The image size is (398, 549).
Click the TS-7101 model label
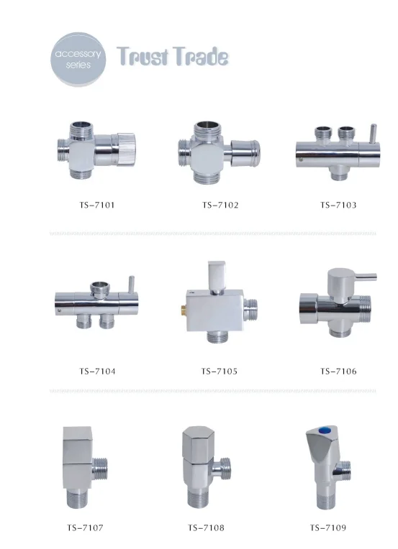coord(97,205)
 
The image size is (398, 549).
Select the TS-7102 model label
coord(220,205)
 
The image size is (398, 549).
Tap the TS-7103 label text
coord(338,205)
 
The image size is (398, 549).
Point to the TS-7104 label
coord(97,371)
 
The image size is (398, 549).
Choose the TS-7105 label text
coord(220,371)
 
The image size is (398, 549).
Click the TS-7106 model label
coord(338,371)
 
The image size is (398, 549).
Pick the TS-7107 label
coord(85,527)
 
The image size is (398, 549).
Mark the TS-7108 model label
coord(206,527)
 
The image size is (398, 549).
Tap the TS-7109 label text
coord(328,527)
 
